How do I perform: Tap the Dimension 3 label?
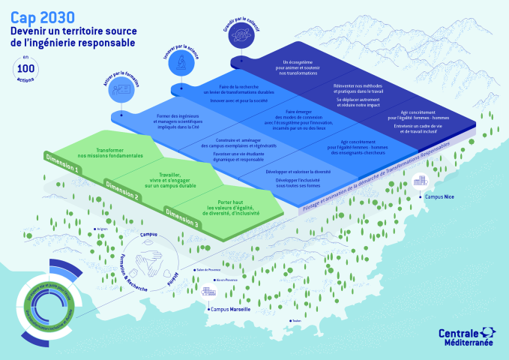tap(182, 219)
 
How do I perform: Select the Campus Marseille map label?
tap(232, 309)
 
